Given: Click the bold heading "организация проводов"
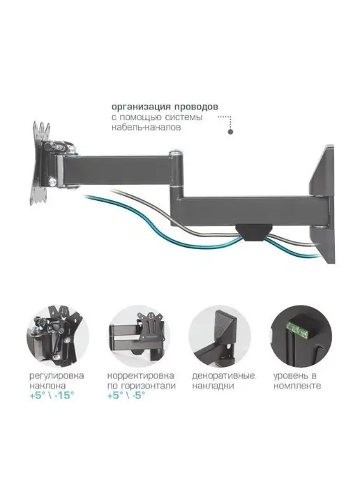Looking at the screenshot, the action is (165, 107).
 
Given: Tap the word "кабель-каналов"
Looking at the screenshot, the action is (146, 128).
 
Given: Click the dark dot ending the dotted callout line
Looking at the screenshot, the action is (230, 132).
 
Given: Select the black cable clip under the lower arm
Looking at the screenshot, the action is (253, 232).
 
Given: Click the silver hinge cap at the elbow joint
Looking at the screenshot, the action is (176, 151).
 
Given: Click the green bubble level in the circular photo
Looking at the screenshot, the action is (297, 330).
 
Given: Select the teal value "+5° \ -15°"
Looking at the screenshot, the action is (52, 396).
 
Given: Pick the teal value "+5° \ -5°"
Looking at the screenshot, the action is (126, 396).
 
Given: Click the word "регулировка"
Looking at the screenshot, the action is (57, 375).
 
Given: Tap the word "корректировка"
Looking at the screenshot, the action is (140, 375).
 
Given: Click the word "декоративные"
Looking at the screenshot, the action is (223, 375).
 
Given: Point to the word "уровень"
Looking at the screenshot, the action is (290, 375).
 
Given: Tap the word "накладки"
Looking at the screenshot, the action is (213, 386).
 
